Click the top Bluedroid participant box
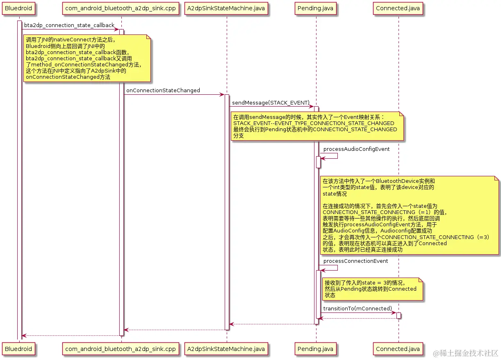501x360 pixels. (x=18, y=8)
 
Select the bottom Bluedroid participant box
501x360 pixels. (x=18, y=349)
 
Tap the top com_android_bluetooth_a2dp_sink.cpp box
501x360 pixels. (x=121, y=8)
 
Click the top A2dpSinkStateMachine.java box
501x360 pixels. (x=226, y=8)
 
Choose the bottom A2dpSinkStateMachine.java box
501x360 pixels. (x=226, y=349)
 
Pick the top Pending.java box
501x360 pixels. (x=316, y=8)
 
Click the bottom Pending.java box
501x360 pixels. (x=316, y=349)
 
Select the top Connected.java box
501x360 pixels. (x=398, y=8)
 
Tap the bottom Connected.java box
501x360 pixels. (x=398, y=349)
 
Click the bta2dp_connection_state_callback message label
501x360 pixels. (x=69, y=25)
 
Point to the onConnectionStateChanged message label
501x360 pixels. (x=163, y=91)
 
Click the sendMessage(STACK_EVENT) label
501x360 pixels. (x=271, y=102)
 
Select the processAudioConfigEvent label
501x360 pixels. (x=356, y=149)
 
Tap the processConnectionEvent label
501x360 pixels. (x=355, y=261)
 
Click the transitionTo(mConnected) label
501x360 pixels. (x=358, y=308)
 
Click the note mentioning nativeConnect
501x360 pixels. (x=87, y=58)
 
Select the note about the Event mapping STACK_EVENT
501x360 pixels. (x=317, y=126)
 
